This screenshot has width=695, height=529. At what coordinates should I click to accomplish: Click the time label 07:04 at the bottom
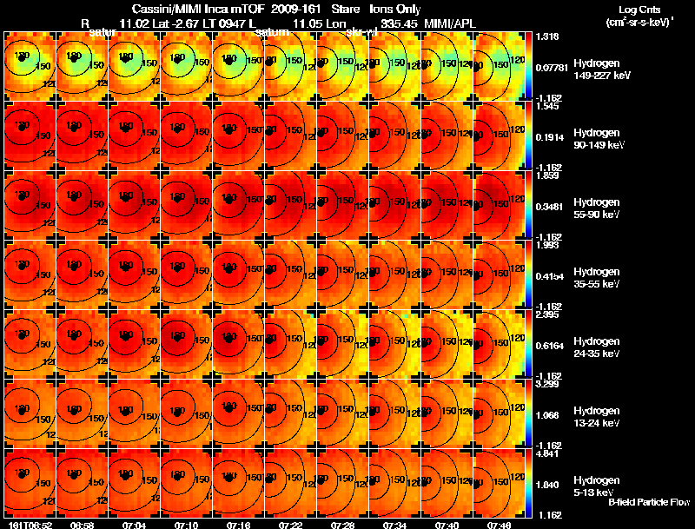[x=133, y=525]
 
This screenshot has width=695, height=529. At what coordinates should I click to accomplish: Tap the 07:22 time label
[x=290, y=525]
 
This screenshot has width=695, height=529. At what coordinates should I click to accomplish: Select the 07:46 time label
[x=499, y=525]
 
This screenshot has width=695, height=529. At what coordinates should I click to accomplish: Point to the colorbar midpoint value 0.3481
[x=549, y=206]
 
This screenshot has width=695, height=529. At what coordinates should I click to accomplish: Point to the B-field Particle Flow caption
[x=648, y=502]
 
